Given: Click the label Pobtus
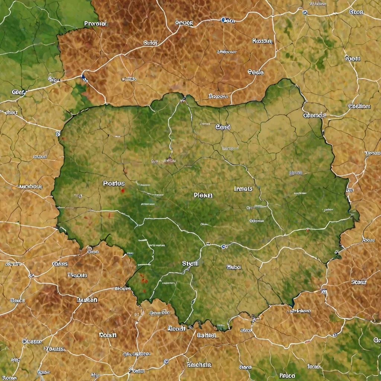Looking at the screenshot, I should pyautogui.click(x=113, y=183).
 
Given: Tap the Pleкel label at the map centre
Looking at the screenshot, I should pyautogui.click(x=203, y=195).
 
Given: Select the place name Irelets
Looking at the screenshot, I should pyautogui.click(x=243, y=189).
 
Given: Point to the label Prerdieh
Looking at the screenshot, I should pyautogui.click(x=96, y=23).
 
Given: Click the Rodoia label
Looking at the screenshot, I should pyautogui.click(x=262, y=41).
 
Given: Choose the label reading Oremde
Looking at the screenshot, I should pyautogui.click(x=314, y=115).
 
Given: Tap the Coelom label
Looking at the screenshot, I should pyautogui.click(x=359, y=106).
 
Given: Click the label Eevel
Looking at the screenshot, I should pyautogui.click(x=223, y=127).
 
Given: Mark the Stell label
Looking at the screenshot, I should pyautogui.click(x=190, y=263).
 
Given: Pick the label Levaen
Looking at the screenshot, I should pyautogui.click(x=87, y=300).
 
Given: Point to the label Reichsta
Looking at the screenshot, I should pyautogui.click(x=199, y=365).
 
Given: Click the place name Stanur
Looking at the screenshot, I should pyautogui.click(x=359, y=282).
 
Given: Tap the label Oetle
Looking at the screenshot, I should pyautogui.click(x=255, y=72).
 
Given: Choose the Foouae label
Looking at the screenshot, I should pyautogui.click(x=77, y=275).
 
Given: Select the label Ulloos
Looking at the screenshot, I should pyautogui.click(x=234, y=267).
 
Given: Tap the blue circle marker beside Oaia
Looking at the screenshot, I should pyautogui.click(x=223, y=20).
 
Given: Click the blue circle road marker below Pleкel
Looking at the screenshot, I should pyautogui.click(x=223, y=246).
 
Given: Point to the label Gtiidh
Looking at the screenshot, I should pyautogui.click(x=150, y=43).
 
